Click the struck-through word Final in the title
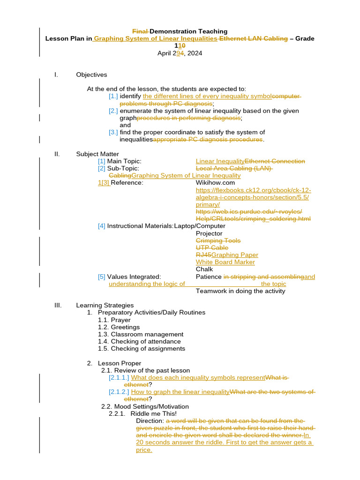(140, 31)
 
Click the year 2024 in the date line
(195, 53)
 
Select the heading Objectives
(91, 75)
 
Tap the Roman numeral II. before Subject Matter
(58, 154)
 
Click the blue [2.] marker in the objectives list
(113, 111)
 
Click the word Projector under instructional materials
(209, 233)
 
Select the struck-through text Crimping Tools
(218, 240)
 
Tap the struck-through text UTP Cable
(212, 247)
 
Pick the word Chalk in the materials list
(204, 269)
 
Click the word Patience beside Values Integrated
(209, 277)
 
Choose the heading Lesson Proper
(119, 363)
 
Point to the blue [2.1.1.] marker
(119, 377)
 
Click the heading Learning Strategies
(105, 305)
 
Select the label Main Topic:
(124, 161)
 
